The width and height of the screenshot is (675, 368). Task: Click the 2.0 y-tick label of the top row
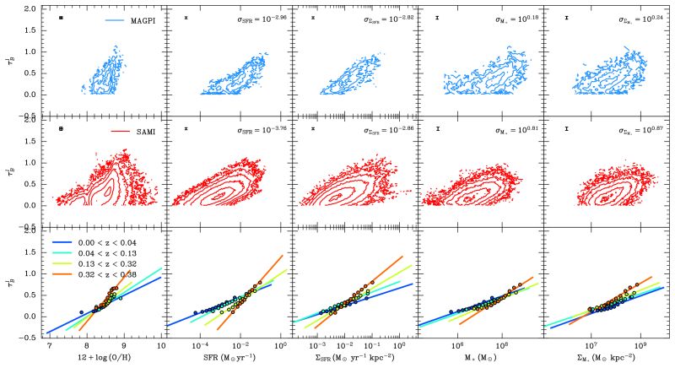coord(30,8)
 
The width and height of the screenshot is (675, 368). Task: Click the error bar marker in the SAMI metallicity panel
coord(62,128)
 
